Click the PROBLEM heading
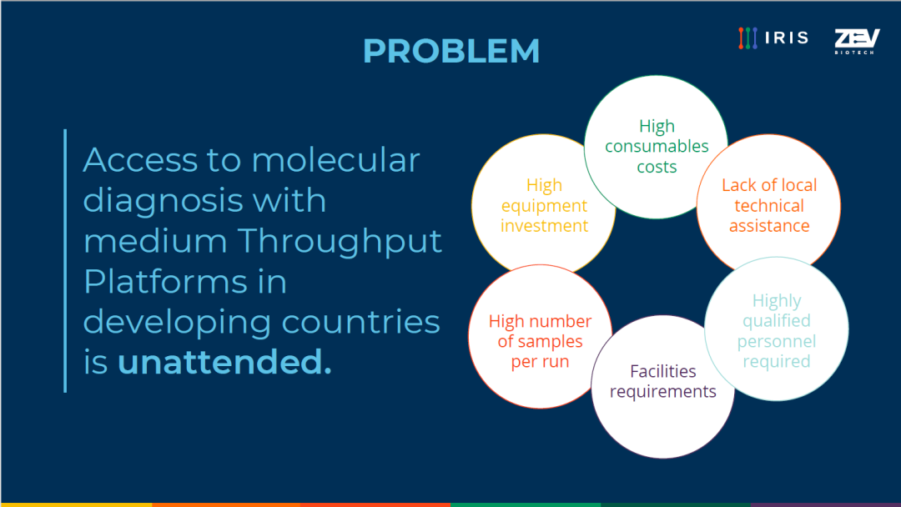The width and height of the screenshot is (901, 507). (451, 51)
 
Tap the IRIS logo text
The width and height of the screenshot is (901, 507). (787, 38)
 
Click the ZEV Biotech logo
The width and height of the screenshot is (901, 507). (857, 42)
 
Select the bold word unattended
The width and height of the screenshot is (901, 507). (224, 362)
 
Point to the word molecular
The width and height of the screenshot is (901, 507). (335, 159)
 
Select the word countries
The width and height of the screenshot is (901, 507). (360, 322)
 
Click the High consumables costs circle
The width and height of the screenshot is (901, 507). (657, 147)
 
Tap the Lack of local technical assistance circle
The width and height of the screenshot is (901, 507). (768, 205)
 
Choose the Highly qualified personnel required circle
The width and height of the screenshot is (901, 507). (777, 329)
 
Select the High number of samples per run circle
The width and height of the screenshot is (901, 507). (540, 337)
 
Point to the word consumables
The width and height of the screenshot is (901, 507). (657, 147)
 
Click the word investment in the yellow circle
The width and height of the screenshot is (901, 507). (544, 226)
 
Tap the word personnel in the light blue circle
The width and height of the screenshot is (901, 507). (777, 342)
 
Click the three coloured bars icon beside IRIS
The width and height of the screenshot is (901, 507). (747, 38)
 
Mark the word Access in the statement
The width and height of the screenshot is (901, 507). (140, 159)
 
